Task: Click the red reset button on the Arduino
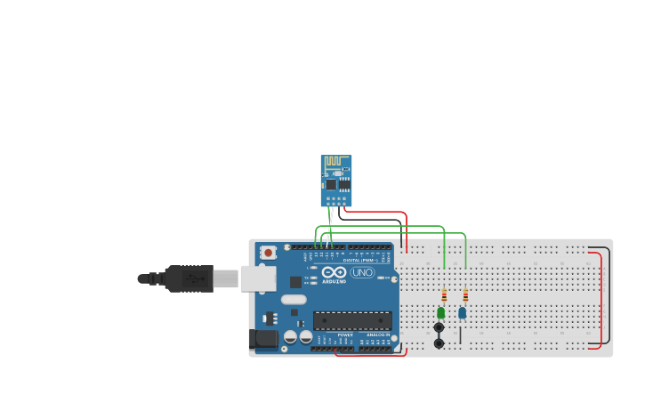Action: click(268, 253)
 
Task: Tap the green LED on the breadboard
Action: click(440, 312)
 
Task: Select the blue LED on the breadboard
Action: click(462, 312)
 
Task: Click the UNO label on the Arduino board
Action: click(363, 272)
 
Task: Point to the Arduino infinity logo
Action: click(335, 272)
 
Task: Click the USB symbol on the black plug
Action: click(192, 278)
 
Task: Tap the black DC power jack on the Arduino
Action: click(263, 338)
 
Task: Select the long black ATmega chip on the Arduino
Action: click(351, 320)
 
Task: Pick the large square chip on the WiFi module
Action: click(331, 184)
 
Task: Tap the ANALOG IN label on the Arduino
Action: click(377, 334)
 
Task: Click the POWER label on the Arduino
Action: click(345, 334)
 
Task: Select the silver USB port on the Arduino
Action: click(257, 279)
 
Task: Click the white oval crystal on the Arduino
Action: click(294, 300)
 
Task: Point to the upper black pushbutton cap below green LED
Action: click(439, 327)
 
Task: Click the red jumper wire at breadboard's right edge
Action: click(601, 298)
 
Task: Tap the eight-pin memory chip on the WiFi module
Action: click(343, 185)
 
